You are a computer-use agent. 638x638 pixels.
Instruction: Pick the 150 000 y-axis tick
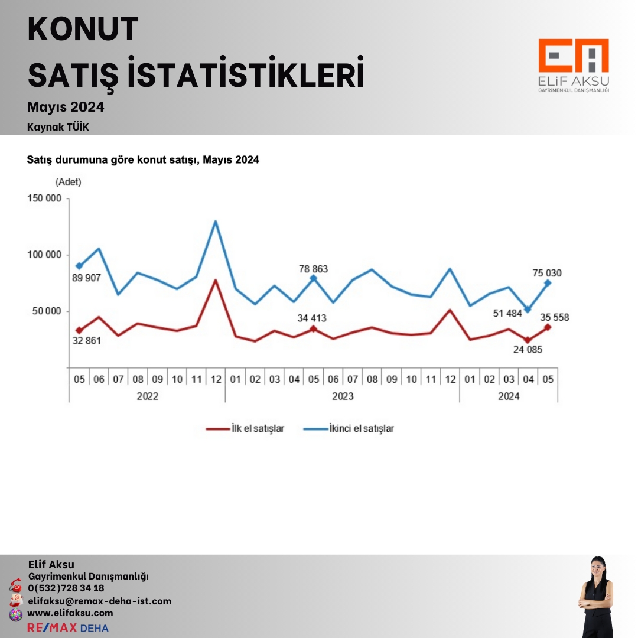point(44,198)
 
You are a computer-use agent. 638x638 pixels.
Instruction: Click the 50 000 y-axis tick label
point(47,311)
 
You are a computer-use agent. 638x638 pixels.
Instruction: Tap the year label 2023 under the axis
point(343,396)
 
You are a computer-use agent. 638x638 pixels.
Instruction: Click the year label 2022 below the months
point(147,396)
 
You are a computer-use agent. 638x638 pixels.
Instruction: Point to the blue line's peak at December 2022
point(216,222)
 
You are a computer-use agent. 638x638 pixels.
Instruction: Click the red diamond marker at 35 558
point(548,327)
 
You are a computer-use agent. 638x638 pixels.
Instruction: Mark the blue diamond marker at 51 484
point(528,310)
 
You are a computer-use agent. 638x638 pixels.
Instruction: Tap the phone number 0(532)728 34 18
point(66,588)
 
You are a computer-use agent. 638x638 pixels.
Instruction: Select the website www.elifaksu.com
point(70,613)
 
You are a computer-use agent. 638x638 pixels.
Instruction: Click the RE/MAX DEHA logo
point(68,627)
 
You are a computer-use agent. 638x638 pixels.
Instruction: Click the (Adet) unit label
point(69,182)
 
